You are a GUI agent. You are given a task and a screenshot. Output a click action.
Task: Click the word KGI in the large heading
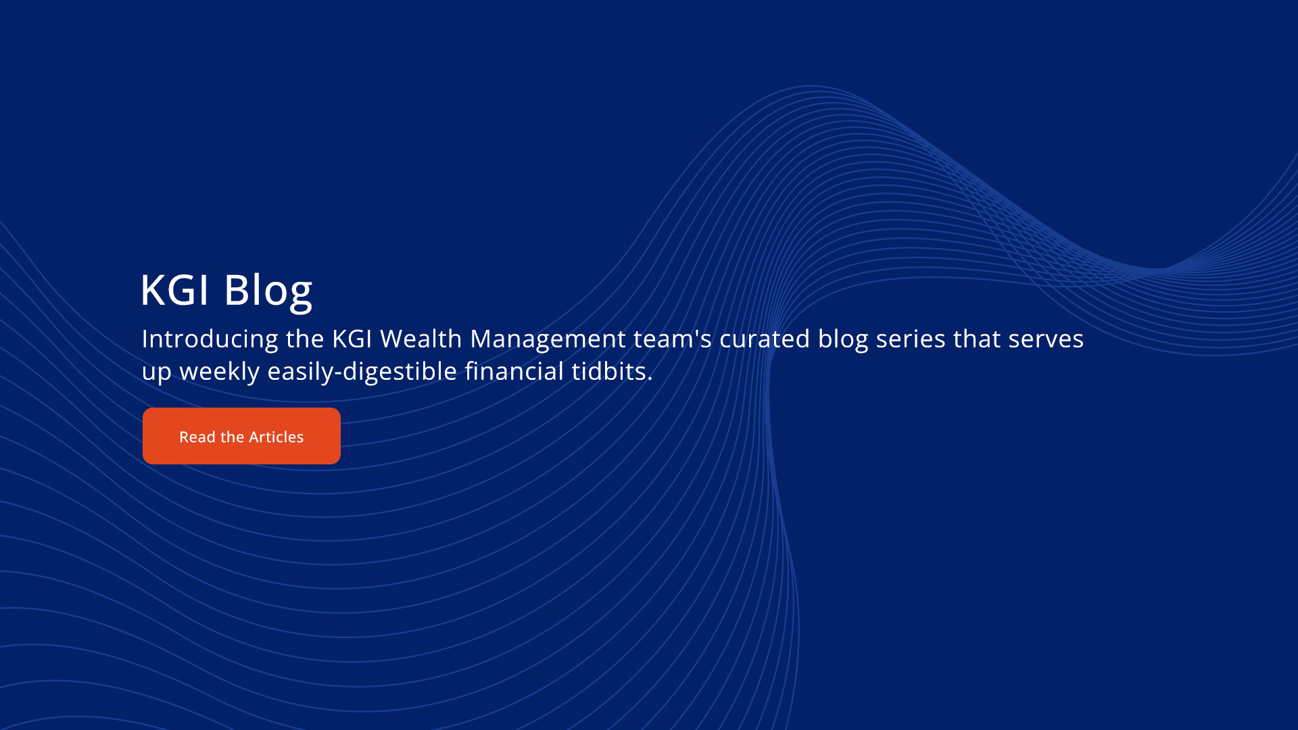(175, 290)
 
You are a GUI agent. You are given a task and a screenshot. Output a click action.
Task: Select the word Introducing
(210, 339)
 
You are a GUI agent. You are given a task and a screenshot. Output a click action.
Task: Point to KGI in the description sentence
(352, 339)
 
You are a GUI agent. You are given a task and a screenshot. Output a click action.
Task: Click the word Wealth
(421, 338)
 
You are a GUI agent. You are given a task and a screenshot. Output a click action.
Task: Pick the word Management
(548, 339)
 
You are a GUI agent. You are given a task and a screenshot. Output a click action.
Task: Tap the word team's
(673, 339)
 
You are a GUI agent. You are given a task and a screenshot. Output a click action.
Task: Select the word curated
(765, 338)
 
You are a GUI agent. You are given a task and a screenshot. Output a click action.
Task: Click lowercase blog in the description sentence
(843, 339)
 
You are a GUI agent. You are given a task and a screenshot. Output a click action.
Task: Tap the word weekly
(220, 372)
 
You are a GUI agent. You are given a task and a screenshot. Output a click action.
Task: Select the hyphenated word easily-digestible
(362, 372)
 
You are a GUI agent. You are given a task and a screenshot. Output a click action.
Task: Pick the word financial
(514, 370)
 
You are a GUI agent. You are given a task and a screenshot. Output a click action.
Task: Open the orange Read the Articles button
(241, 436)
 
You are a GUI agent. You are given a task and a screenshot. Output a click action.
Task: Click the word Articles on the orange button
(277, 437)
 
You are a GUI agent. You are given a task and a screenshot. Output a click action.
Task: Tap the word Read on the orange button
(197, 437)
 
